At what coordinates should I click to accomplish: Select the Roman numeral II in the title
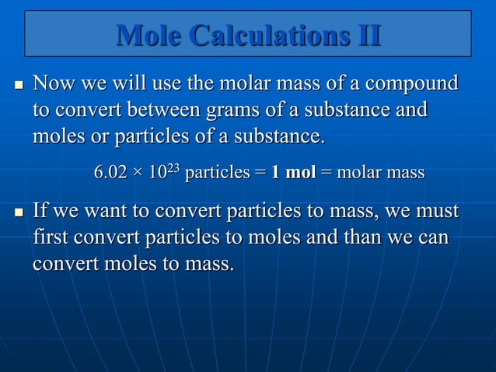click(x=365, y=35)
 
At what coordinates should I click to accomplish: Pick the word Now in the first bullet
click(x=52, y=83)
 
